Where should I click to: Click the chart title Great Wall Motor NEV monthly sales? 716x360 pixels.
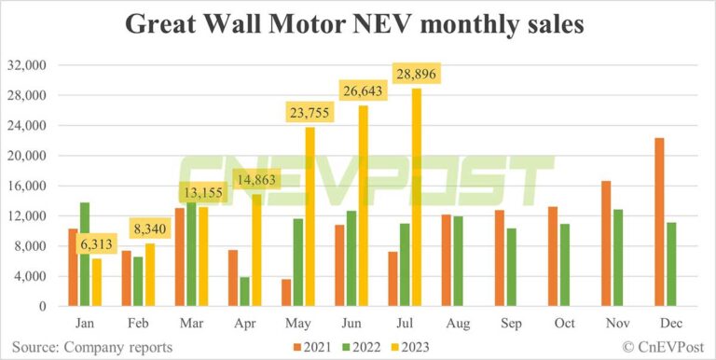point(358,24)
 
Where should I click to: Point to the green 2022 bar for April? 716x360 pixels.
point(244,291)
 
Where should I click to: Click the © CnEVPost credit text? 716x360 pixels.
point(656,346)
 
